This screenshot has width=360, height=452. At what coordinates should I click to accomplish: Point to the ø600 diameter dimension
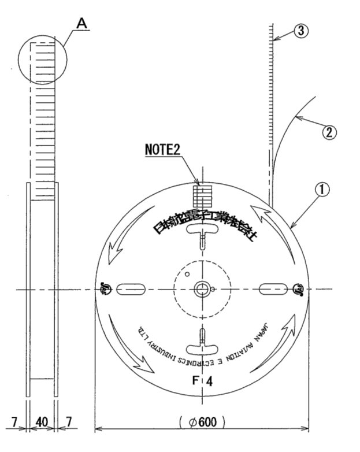coord(202,419)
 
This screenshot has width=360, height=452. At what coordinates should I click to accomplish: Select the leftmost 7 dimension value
coord(14,420)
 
